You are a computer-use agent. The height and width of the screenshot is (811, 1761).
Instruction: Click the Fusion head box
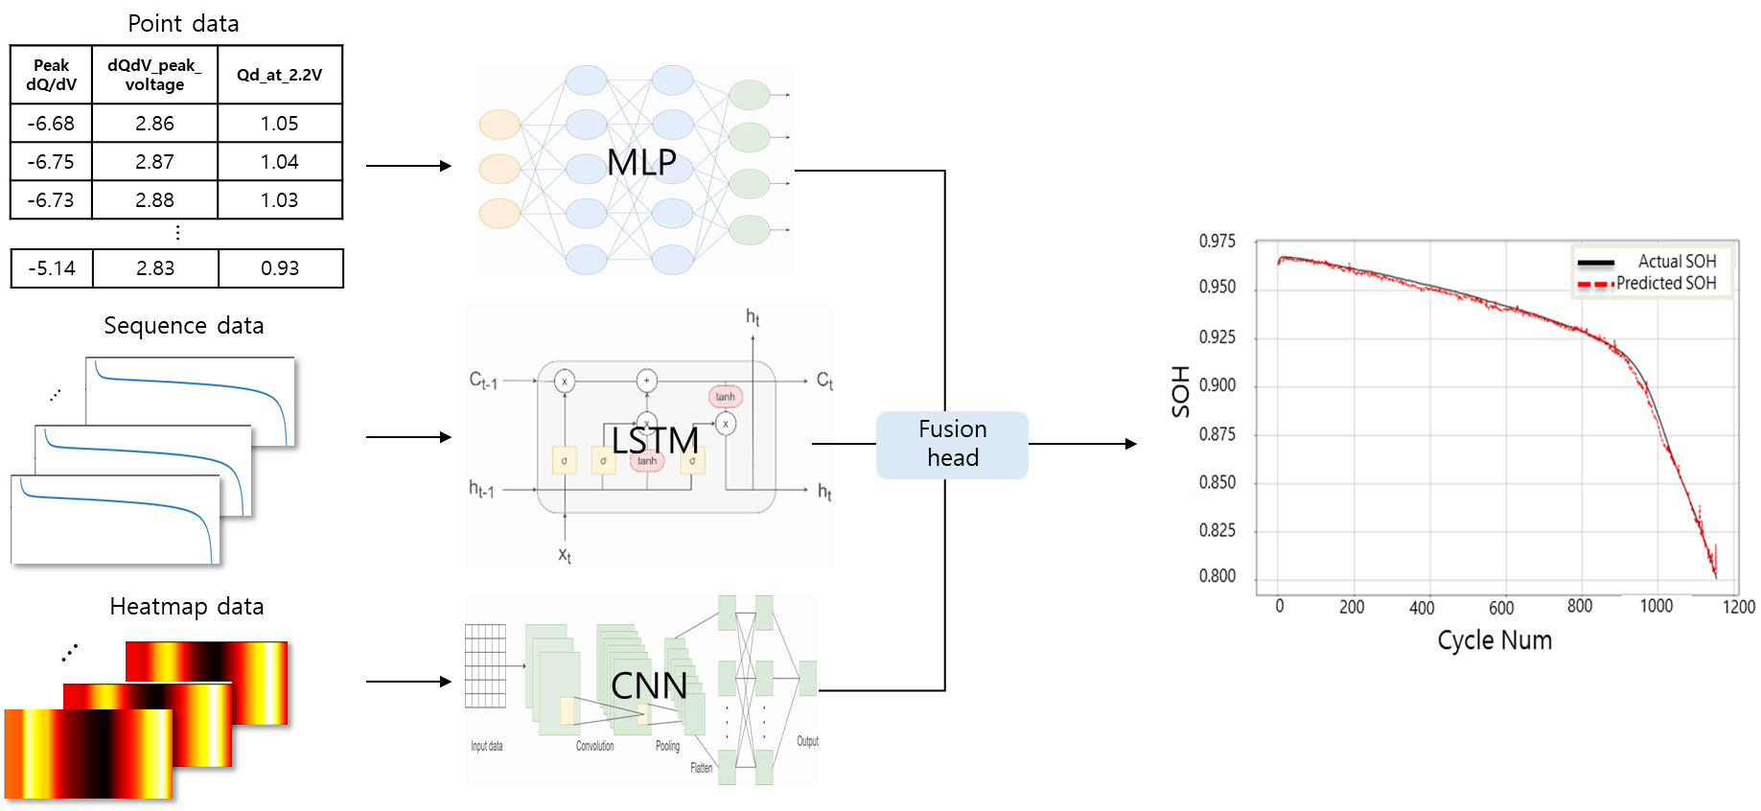pyautogui.click(x=952, y=445)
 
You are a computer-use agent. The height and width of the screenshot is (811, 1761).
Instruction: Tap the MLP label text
pyautogui.click(x=641, y=163)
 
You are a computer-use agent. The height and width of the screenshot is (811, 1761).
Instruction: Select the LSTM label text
pyautogui.click(x=656, y=441)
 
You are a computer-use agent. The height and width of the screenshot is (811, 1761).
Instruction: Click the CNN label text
pyautogui.click(x=649, y=686)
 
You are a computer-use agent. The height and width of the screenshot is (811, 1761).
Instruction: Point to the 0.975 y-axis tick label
pyautogui.click(x=1217, y=242)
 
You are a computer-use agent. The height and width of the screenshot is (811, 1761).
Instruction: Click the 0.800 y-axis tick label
pyautogui.click(x=1217, y=576)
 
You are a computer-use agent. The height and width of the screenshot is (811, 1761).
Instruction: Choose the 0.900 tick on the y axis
pyautogui.click(x=1217, y=385)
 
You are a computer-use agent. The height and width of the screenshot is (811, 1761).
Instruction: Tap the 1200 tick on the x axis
pyautogui.click(x=1738, y=607)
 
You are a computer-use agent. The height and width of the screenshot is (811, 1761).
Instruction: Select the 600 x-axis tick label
pyautogui.click(x=1501, y=608)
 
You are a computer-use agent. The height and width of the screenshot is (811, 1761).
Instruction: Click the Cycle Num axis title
pyautogui.click(x=1495, y=640)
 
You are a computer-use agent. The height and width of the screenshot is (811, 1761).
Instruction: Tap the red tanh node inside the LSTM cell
pyautogui.click(x=726, y=397)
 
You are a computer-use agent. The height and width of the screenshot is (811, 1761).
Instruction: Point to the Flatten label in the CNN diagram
pyautogui.click(x=702, y=768)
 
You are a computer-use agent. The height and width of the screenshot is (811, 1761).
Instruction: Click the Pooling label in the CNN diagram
pyautogui.click(x=667, y=746)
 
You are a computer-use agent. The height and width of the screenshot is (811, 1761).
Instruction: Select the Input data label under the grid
pyautogui.click(x=486, y=746)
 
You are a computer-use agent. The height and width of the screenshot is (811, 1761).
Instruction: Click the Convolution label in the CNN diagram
pyautogui.click(x=594, y=746)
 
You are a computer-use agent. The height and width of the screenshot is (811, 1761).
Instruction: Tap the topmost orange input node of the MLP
pyautogui.click(x=499, y=125)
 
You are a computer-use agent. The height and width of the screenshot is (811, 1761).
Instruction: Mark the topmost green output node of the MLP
pyautogui.click(x=749, y=95)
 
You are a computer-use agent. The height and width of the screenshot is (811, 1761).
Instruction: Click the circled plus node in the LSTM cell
pyautogui.click(x=647, y=381)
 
